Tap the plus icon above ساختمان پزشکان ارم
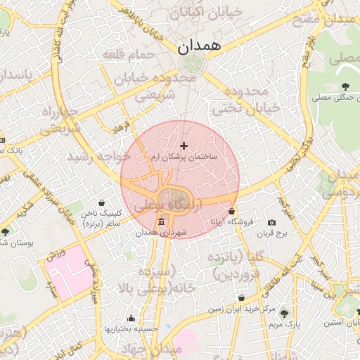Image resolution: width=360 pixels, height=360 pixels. coord(184,146)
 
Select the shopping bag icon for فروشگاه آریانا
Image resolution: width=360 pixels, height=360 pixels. coord(231,211)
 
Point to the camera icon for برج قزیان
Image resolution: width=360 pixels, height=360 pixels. coord(272,223)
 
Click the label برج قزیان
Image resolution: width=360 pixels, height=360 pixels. coord(272,233)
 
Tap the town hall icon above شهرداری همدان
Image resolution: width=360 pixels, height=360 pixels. coord(162,222)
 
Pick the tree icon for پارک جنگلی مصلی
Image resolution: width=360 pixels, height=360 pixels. coord(345,86)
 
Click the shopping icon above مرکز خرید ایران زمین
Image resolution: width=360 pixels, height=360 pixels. coord(241,298)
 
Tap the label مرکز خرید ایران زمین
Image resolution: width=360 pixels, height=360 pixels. coord(241,309)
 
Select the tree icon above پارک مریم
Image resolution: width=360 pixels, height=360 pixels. coord(284,314)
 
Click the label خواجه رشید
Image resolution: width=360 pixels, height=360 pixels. coord(100,156)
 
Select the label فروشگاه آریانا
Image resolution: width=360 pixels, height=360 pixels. coord(231,221)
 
